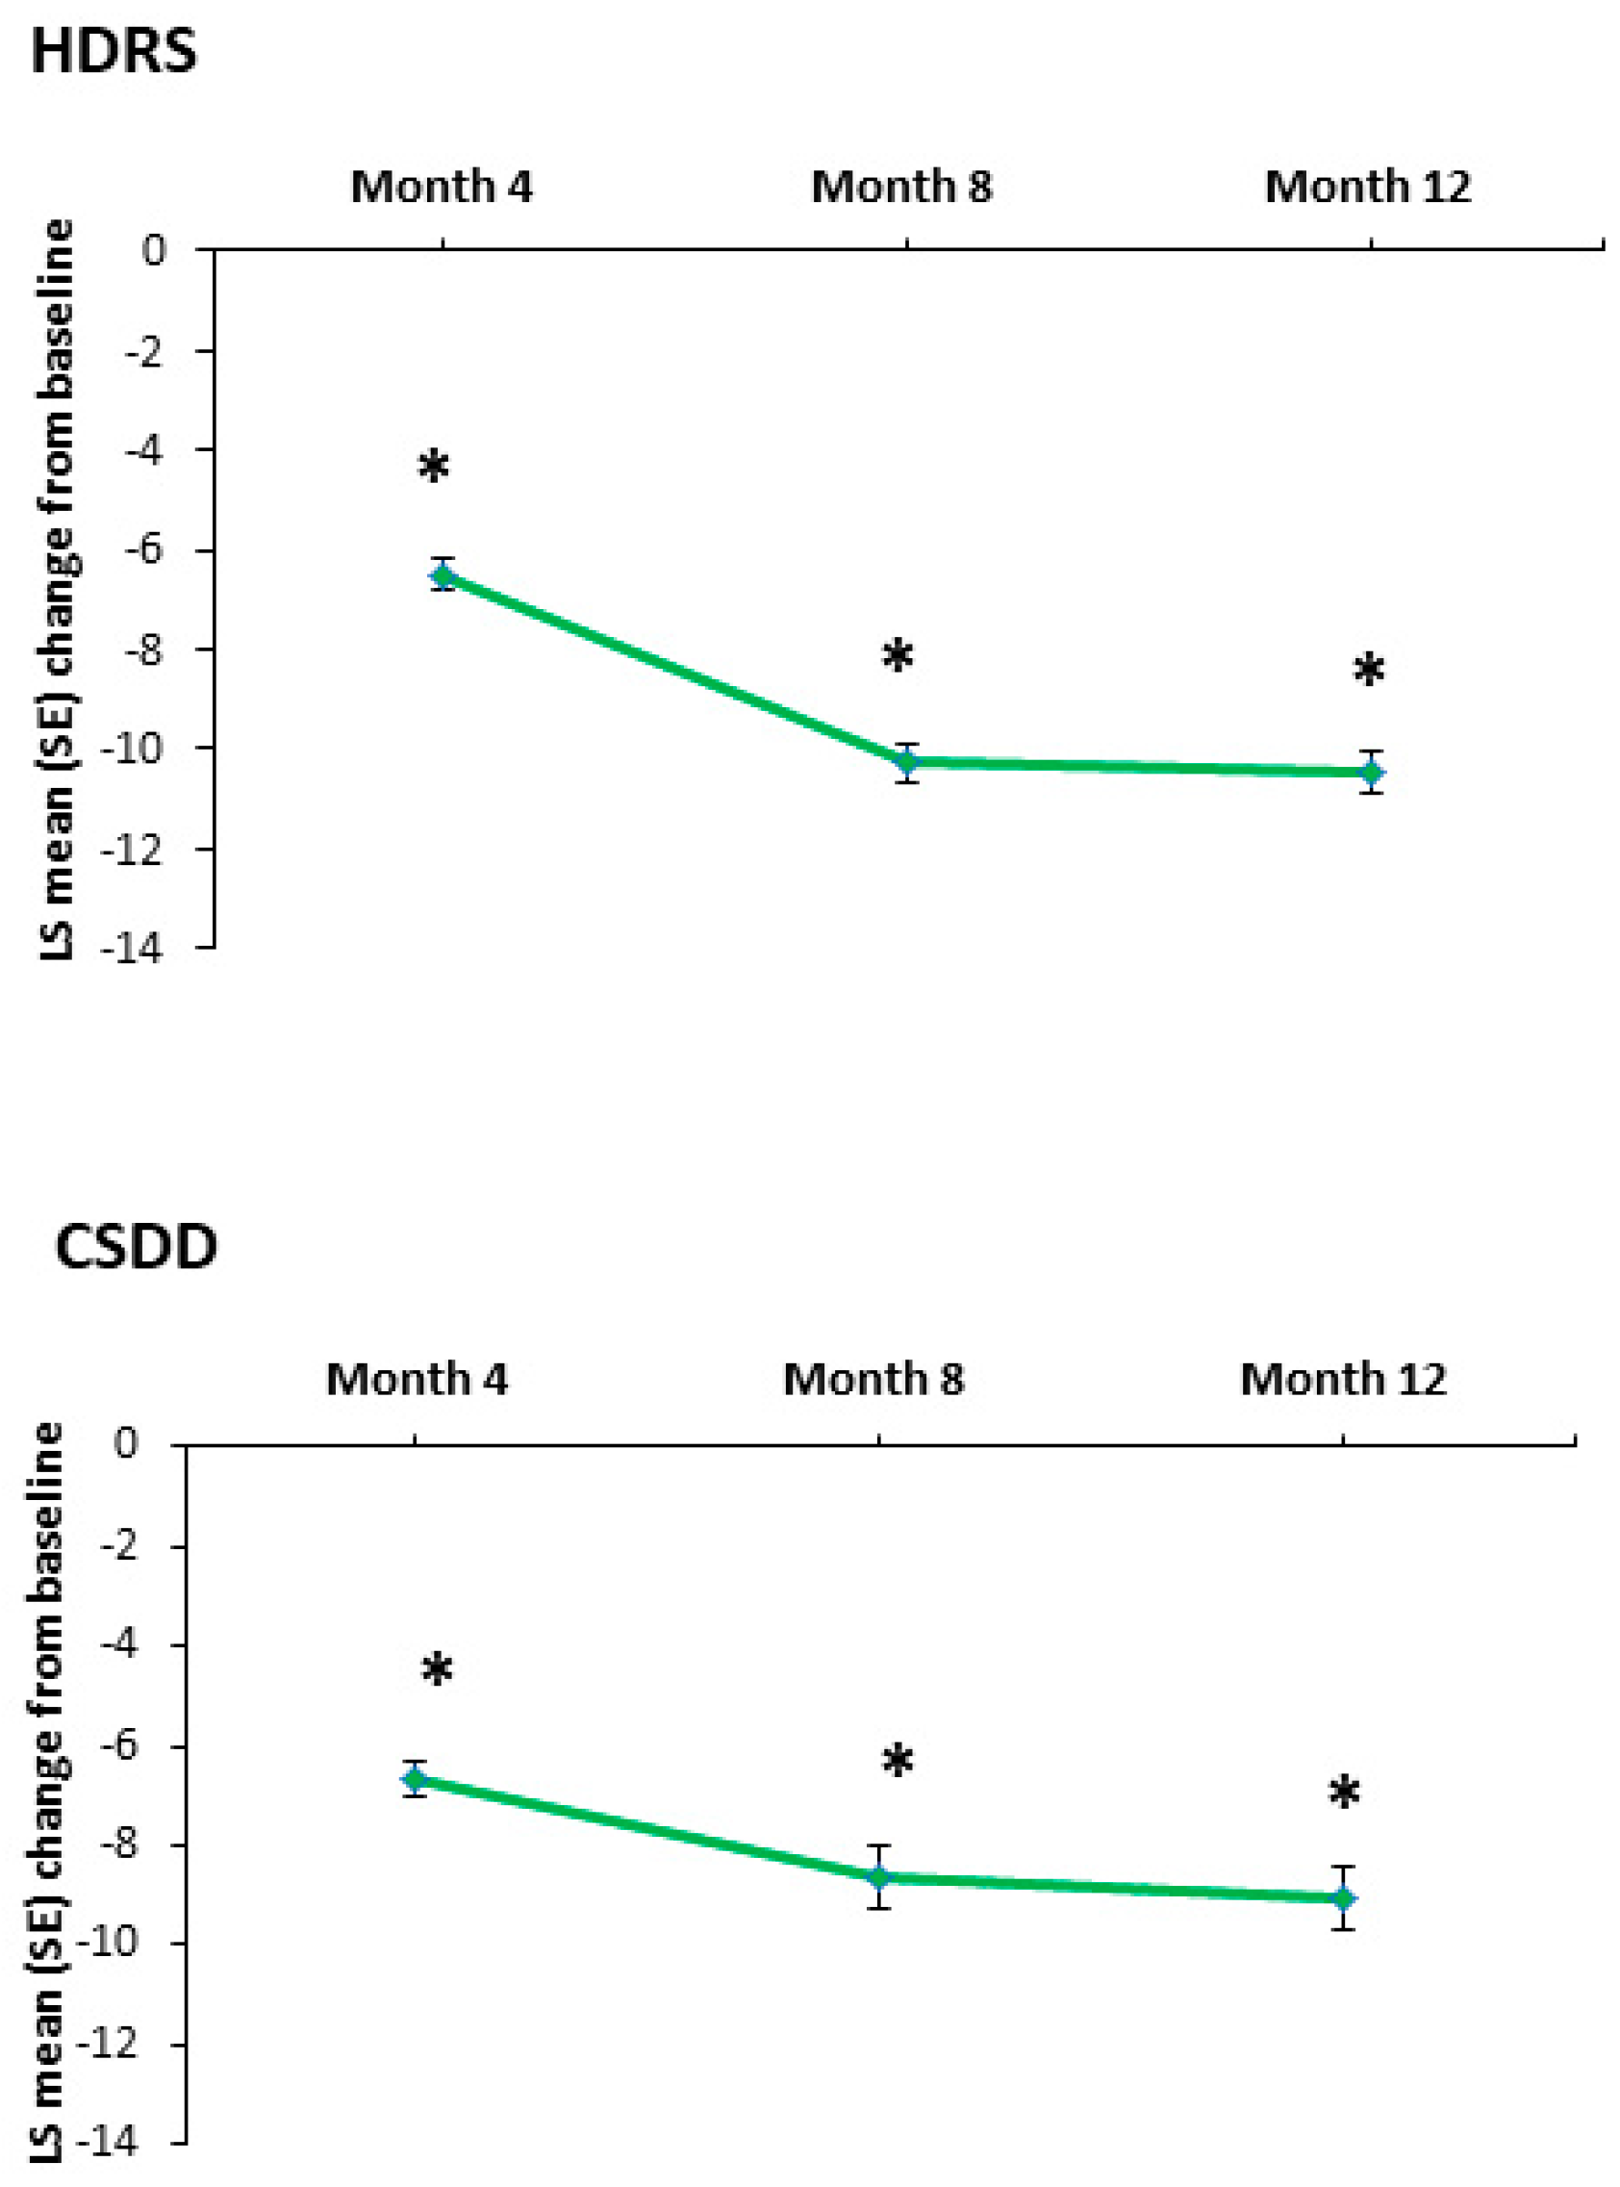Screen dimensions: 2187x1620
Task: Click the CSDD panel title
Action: click(136, 1249)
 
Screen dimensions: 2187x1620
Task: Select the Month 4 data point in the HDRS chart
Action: click(443, 574)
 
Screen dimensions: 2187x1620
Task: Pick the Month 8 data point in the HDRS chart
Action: click(907, 762)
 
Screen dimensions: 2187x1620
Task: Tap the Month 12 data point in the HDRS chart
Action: click(1371, 773)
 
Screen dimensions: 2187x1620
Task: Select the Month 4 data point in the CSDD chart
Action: click(415, 1778)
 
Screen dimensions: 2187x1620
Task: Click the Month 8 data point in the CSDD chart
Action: click(878, 1876)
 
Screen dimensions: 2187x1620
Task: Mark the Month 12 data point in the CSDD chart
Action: click(1344, 1898)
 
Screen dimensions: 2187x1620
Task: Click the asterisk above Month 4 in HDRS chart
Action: click(434, 468)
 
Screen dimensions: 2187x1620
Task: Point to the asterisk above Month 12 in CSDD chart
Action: click(1344, 1793)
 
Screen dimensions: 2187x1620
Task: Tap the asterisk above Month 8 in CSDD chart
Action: click(898, 1762)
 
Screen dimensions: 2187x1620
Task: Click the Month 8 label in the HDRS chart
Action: click(901, 187)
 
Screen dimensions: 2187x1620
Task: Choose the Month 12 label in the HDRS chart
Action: click(1368, 187)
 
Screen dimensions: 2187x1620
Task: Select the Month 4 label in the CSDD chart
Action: click(417, 1379)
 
